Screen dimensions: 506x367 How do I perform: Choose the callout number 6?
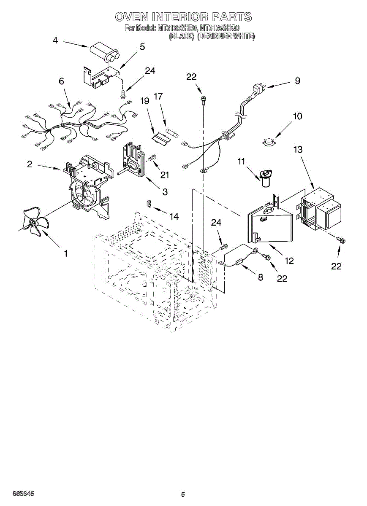coord(62,81)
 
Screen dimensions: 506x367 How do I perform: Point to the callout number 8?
coord(260,277)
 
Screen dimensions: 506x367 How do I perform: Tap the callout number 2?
coord(30,164)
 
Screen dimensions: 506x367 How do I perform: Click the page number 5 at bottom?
coord(183,494)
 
